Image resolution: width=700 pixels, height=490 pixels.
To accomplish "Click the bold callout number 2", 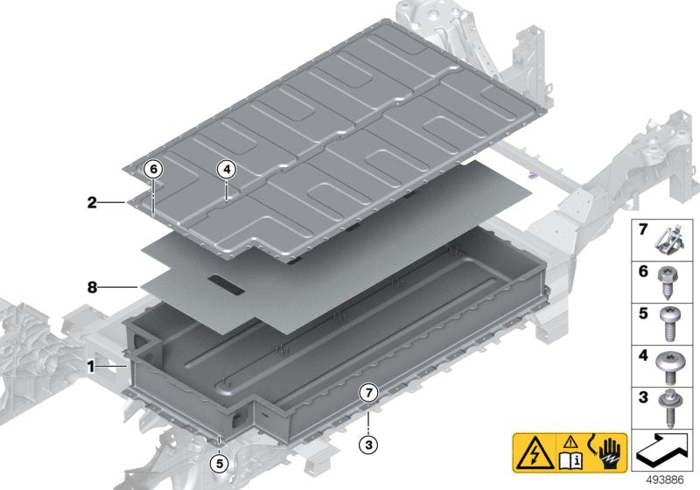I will coord(92,203).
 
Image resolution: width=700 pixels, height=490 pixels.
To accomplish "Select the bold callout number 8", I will coord(92,285).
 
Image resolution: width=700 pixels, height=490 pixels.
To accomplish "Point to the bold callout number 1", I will coord(91,367).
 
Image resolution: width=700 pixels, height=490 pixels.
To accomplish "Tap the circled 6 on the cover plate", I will coord(153,168).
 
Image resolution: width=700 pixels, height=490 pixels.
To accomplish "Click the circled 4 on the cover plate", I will coord(226,168).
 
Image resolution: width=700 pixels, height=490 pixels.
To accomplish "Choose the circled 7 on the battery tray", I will coord(368,393).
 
